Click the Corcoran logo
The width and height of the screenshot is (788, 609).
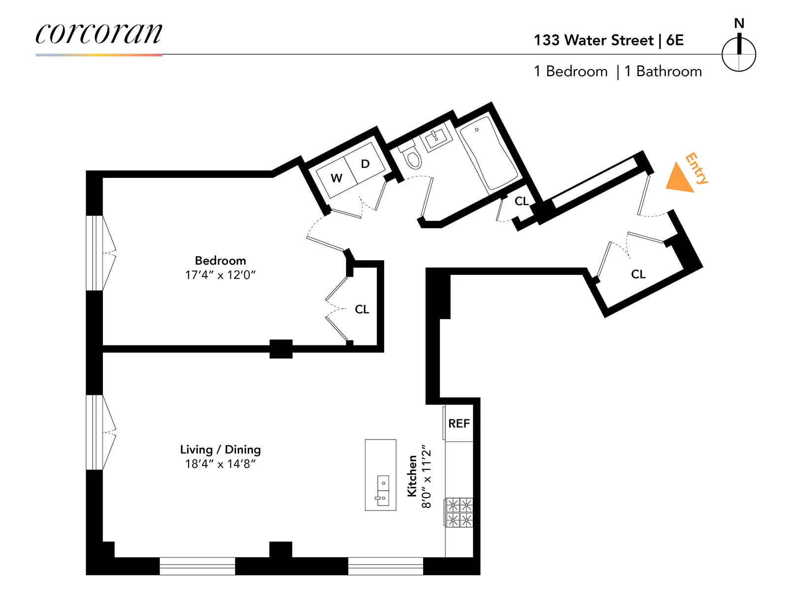coord(98,34)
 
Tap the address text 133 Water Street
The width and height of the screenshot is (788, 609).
coord(593,40)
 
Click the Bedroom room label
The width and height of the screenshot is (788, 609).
coord(220,261)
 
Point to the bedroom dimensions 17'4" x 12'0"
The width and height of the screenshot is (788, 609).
coord(220,275)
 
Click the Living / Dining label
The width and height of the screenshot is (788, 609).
coord(220,449)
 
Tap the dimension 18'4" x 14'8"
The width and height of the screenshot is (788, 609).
coord(220,464)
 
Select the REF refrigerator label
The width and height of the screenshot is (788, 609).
coord(459,424)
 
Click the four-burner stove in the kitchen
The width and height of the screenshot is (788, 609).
coord(459,512)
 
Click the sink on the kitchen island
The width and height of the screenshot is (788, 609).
coord(383,491)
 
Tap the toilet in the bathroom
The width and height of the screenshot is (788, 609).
coord(412,157)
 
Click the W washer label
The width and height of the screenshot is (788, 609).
coord(336,178)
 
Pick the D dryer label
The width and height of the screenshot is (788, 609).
coord(365,164)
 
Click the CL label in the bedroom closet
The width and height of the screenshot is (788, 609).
coord(362,309)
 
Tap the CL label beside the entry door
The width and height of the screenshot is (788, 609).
coord(638,274)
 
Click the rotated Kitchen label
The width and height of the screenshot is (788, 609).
coord(412,475)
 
